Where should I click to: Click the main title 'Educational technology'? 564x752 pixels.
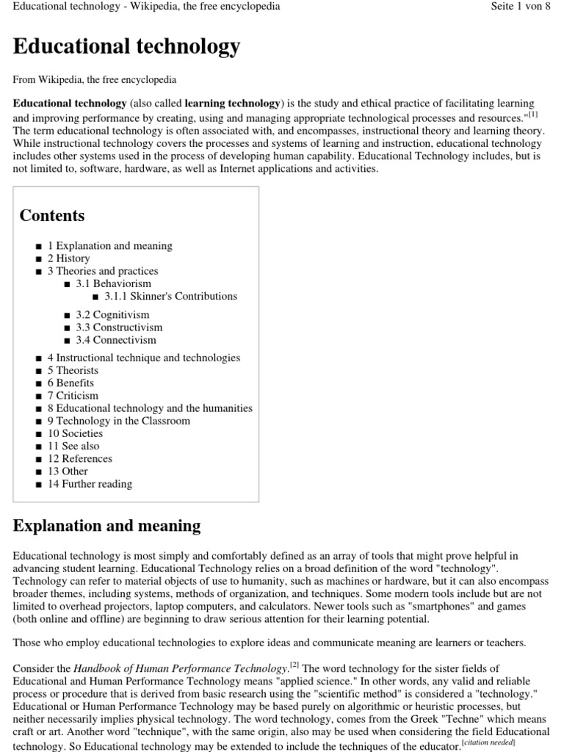[x=126, y=47]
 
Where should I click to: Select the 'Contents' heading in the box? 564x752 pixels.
[x=52, y=216]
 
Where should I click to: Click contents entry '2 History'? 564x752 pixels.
[x=68, y=258]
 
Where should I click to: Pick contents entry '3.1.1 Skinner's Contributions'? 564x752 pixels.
[x=171, y=296]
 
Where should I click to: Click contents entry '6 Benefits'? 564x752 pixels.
[x=70, y=383]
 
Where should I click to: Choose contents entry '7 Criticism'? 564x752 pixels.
[x=73, y=396]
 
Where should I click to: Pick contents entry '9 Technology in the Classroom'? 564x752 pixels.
[x=118, y=421]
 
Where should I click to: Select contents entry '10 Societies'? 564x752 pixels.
[x=75, y=433]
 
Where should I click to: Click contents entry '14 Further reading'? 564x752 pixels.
[x=90, y=484]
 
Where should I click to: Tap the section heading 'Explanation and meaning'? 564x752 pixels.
[x=107, y=526]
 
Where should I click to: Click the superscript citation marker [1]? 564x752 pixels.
[x=532, y=114]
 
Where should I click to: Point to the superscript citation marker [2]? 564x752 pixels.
[x=294, y=665]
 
